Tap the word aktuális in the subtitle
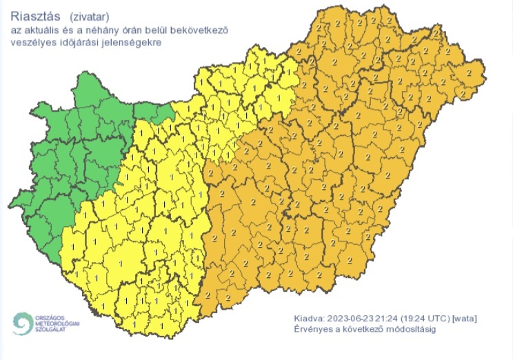pos(42,30)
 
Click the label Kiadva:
pos(308,318)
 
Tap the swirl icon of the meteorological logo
pos(23,323)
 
